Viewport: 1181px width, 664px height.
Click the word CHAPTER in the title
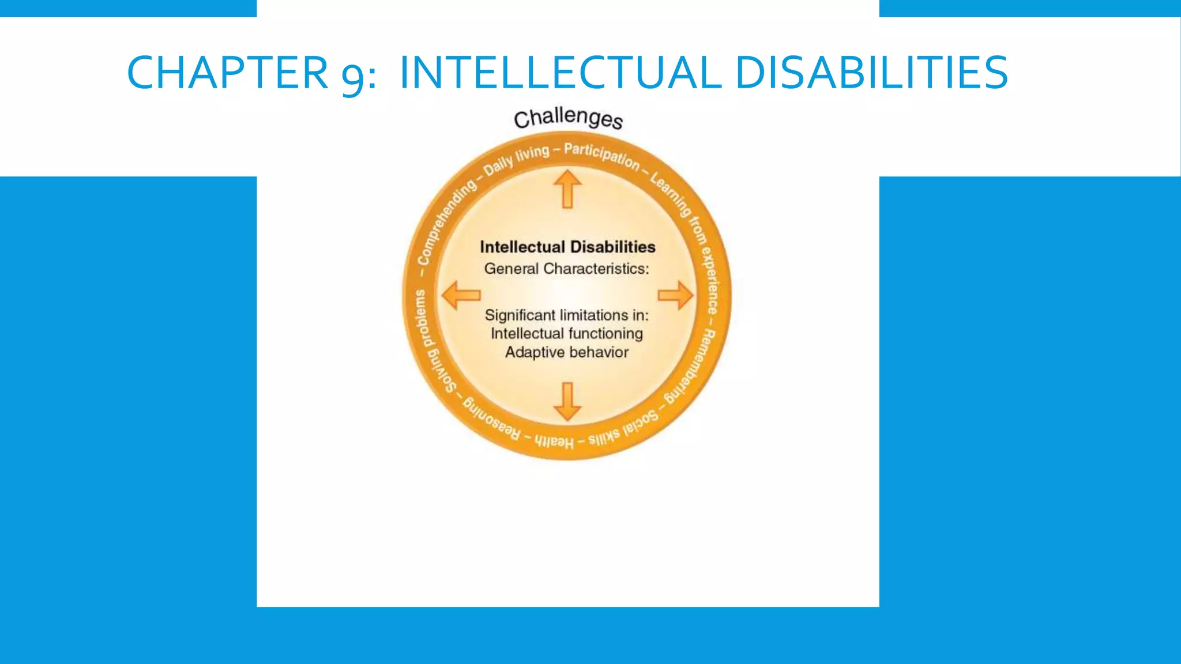click(227, 73)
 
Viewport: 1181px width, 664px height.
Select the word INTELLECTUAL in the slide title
click(559, 73)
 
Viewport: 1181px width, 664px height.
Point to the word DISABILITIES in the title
click(871, 73)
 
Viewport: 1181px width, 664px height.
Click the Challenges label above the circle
click(568, 119)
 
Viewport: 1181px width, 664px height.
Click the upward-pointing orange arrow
click(567, 188)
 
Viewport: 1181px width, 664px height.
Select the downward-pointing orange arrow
click(567, 401)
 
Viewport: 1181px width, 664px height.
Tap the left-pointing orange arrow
click(461, 295)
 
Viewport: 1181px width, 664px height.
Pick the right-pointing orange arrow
click(675, 295)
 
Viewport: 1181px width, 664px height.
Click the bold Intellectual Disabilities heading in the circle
click(567, 247)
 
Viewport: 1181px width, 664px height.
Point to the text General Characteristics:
click(566, 269)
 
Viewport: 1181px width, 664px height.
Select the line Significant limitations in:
click(566, 315)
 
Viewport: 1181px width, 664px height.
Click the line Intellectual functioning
click(566, 334)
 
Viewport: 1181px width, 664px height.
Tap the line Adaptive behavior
click(566, 352)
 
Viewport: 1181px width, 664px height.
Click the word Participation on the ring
click(601, 156)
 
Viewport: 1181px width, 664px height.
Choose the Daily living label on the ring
click(516, 160)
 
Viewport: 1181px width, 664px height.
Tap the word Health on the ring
click(554, 442)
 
